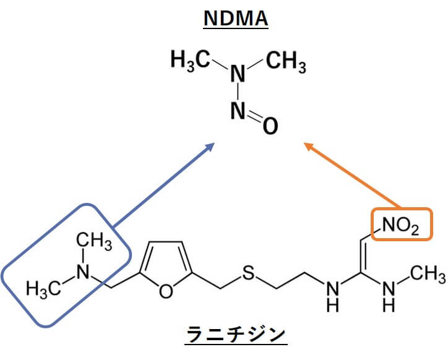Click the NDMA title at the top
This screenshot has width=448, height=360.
pyautogui.click(x=236, y=19)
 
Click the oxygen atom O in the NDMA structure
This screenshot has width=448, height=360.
pyautogui.click(x=270, y=126)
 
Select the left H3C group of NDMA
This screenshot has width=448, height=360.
pyautogui.click(x=191, y=60)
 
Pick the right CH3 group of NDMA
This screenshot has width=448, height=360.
pyautogui.click(x=286, y=61)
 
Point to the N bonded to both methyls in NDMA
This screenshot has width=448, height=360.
pyautogui.click(x=238, y=74)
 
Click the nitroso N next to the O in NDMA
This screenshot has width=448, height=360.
pyautogui.click(x=238, y=111)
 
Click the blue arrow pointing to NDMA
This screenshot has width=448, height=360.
pyautogui.click(x=164, y=185)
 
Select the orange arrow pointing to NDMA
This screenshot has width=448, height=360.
pyautogui.click(x=351, y=174)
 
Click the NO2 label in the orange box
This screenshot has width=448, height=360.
pyautogui.click(x=400, y=226)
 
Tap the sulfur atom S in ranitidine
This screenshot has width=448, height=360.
pyautogui.click(x=248, y=273)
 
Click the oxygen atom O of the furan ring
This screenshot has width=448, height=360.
pyautogui.click(x=166, y=291)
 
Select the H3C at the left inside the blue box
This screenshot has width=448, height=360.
pyautogui.click(x=44, y=288)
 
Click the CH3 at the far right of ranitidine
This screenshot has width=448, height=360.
pyautogui.click(x=428, y=273)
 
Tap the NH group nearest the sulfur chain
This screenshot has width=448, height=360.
pyautogui.click(x=333, y=297)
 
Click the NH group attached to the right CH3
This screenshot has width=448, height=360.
pyautogui.click(x=389, y=297)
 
